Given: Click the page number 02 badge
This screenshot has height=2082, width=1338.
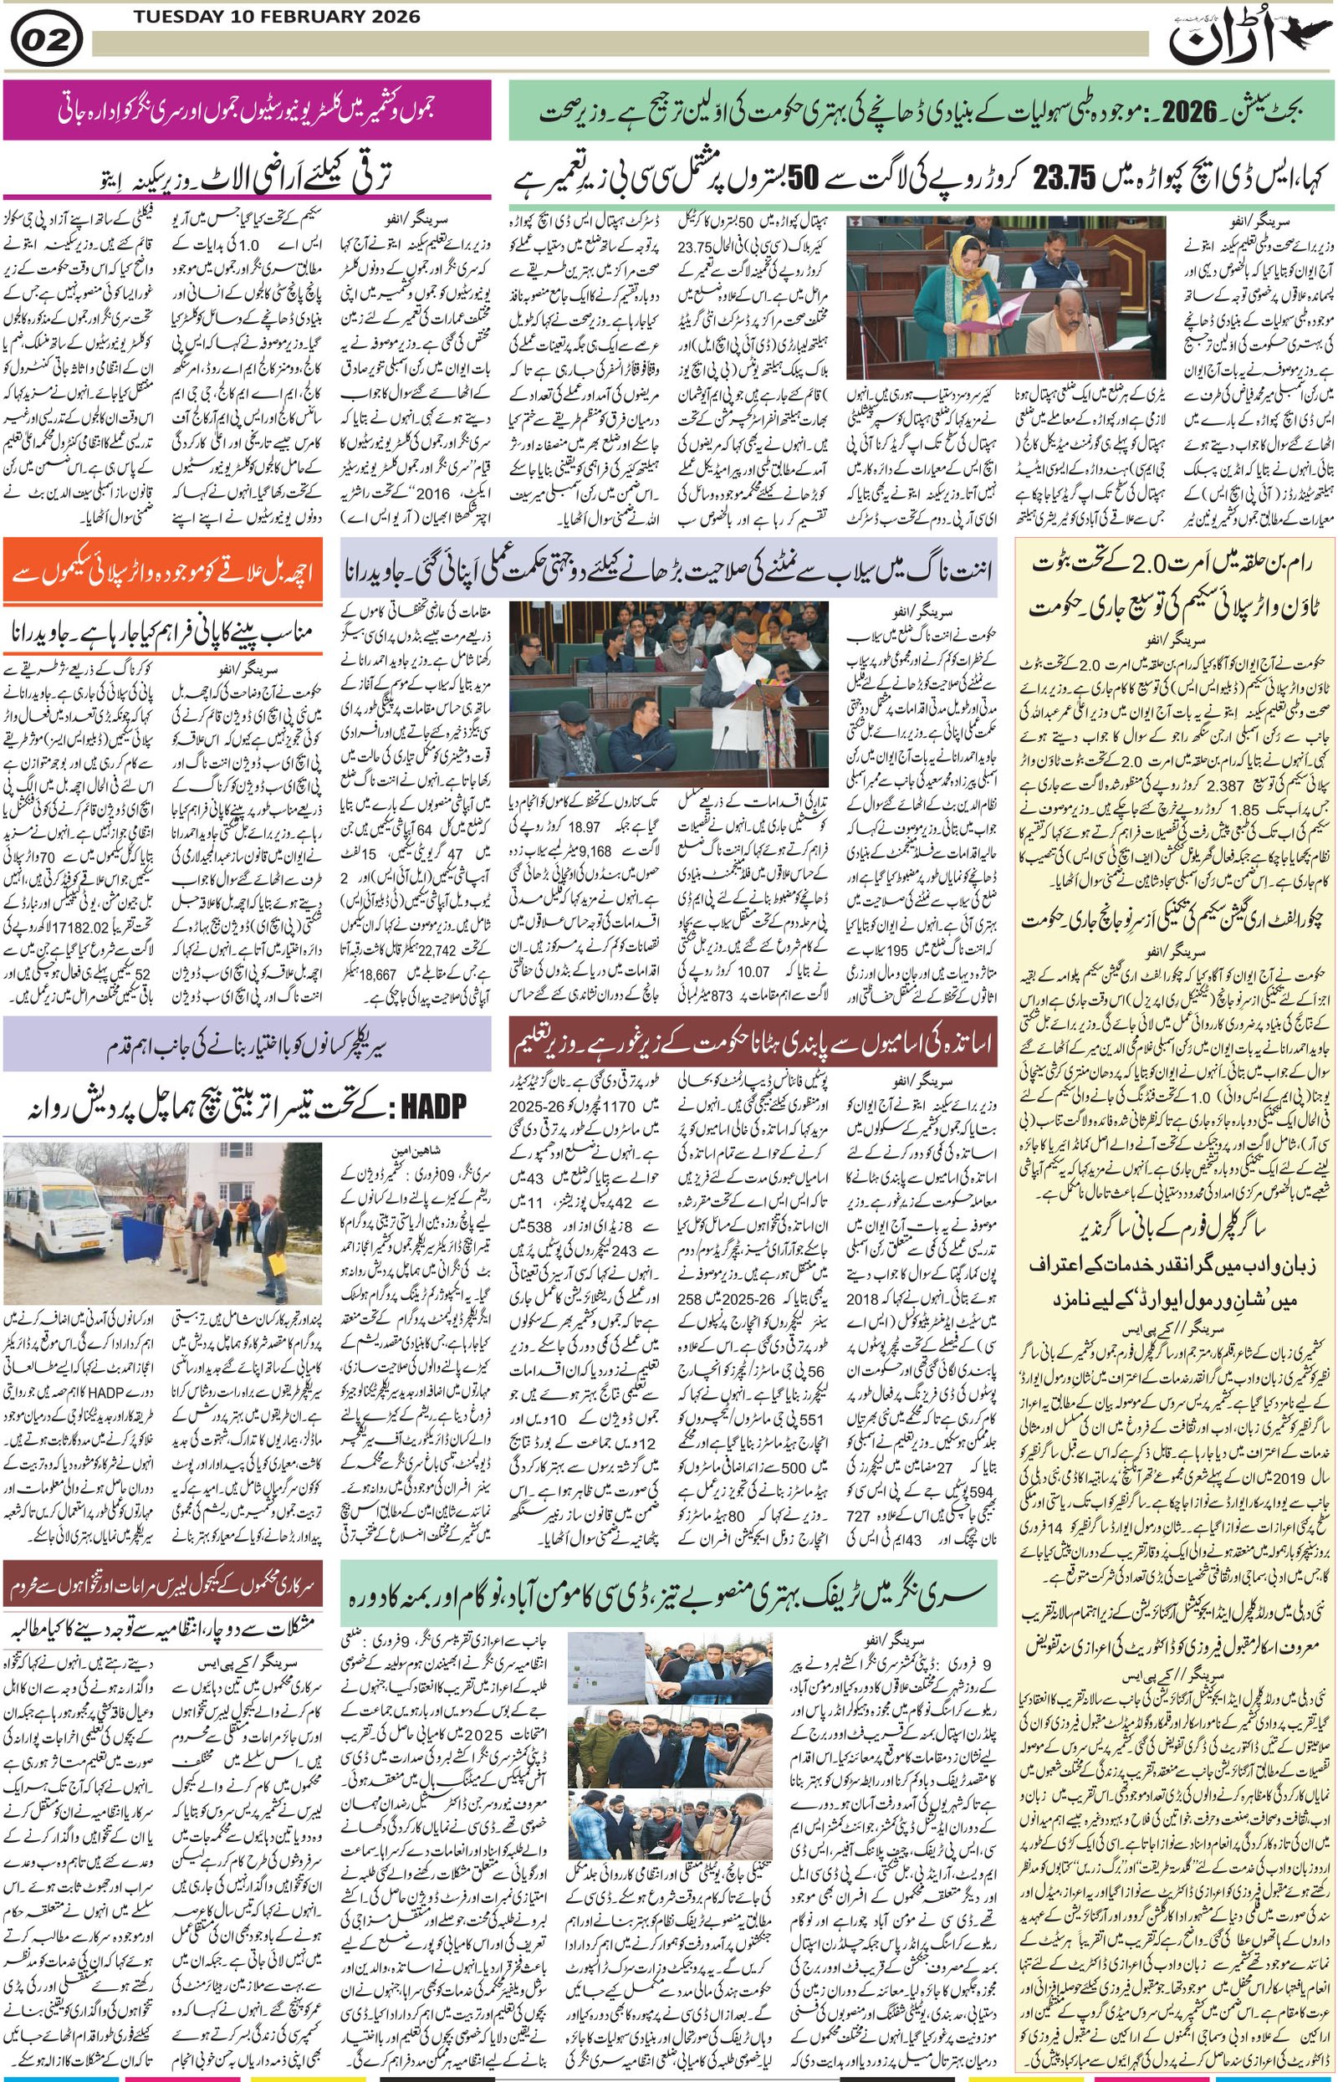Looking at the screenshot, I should click(48, 40).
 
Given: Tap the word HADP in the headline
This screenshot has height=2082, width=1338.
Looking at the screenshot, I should click(427, 1106).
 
